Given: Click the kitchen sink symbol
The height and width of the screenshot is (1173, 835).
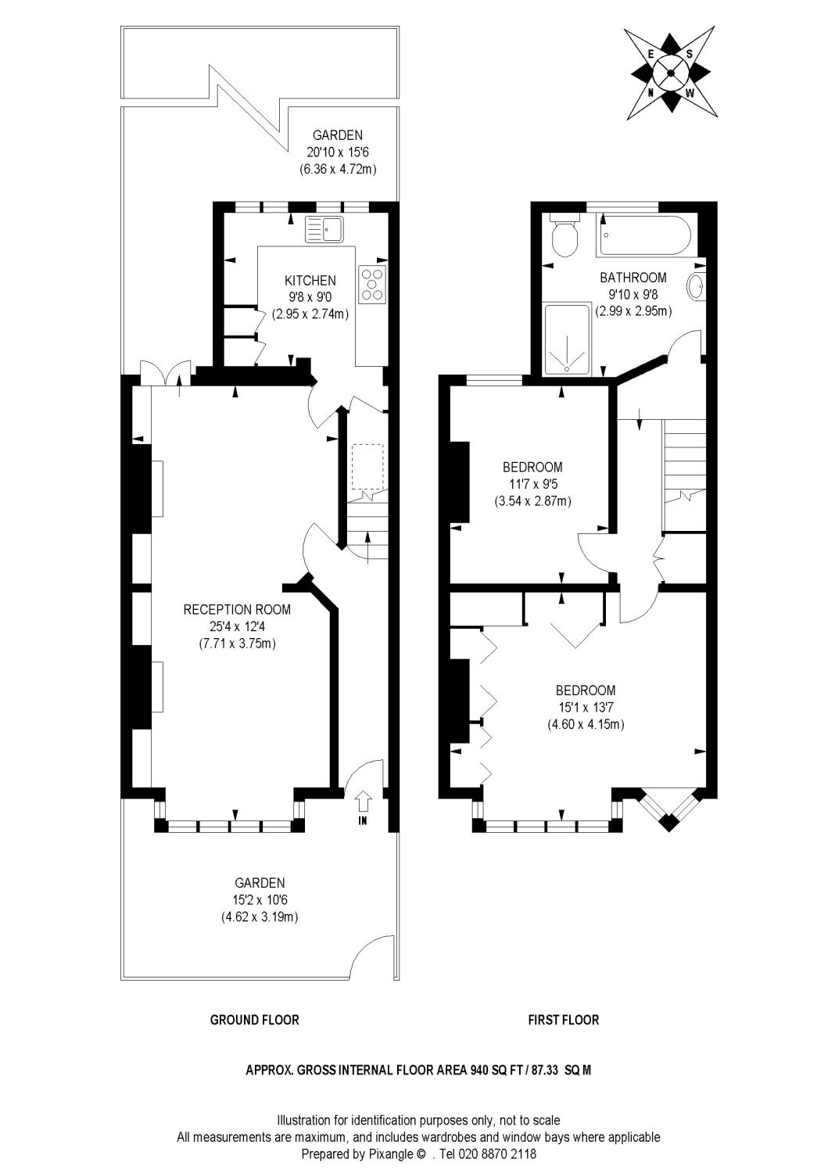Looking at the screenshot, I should (x=324, y=229).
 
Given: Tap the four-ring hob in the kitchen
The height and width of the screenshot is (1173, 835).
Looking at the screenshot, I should (x=372, y=285).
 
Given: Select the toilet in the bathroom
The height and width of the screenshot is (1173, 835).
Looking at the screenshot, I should (x=563, y=235).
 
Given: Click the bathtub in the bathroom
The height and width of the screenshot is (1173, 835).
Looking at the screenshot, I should (x=645, y=235).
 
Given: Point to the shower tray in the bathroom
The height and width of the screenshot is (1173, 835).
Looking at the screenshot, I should (x=567, y=340).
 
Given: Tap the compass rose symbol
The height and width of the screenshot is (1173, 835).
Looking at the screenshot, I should (x=671, y=73).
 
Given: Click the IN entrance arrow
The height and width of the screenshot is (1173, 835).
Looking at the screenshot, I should (x=363, y=802).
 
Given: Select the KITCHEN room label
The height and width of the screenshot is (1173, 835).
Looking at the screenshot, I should (x=310, y=281).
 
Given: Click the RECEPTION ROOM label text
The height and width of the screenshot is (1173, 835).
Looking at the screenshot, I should (x=237, y=609).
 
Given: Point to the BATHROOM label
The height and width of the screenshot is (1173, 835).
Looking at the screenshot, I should (x=633, y=277).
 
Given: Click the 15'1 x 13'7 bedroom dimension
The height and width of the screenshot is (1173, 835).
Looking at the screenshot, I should (x=586, y=708).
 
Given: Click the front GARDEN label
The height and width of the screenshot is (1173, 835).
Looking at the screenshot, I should (x=261, y=882).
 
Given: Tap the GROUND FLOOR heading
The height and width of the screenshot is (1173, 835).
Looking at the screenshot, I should (x=254, y=1020).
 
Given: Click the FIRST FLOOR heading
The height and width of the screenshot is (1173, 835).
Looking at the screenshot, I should (x=563, y=1020).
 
